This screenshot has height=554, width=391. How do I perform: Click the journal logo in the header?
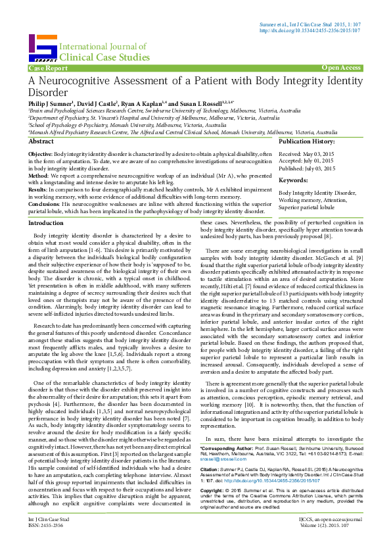[x=42, y=47]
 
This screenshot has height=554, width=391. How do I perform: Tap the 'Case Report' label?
[x=47, y=68]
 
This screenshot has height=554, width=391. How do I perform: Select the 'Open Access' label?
[x=341, y=68]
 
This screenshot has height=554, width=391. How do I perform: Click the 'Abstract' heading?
[x=41, y=142]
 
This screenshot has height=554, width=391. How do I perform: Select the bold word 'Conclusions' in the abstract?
[x=45, y=203]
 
